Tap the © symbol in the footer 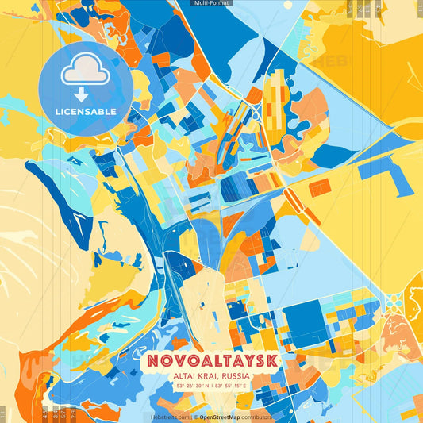click(x=195, y=417)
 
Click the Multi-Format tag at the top click(x=211, y=3)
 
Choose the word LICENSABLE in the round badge click(x=85, y=112)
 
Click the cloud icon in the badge click(x=85, y=71)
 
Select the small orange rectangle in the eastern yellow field click(x=320, y=187)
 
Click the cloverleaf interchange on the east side click(x=393, y=301)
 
